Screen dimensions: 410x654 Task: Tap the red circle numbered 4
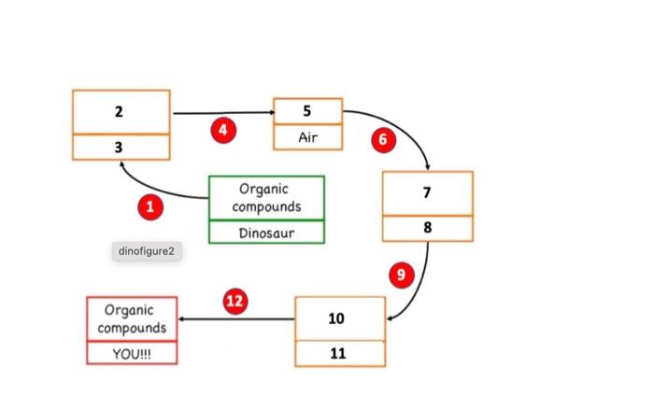click(x=221, y=130)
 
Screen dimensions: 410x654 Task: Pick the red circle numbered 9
click(x=401, y=275)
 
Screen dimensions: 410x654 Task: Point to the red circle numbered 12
click(x=235, y=301)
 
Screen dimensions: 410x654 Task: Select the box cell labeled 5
click(x=307, y=111)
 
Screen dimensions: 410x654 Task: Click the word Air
click(x=307, y=137)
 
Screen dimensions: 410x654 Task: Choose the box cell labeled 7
click(x=427, y=193)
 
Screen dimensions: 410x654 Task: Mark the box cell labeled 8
click(x=427, y=228)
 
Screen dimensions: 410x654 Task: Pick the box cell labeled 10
click(x=339, y=318)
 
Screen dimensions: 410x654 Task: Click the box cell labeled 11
click(x=339, y=354)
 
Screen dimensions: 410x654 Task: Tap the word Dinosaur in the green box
click(x=266, y=233)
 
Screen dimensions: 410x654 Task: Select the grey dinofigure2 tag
click(x=145, y=250)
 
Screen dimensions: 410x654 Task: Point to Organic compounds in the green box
click(x=266, y=198)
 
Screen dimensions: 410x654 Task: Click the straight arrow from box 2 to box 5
click(x=221, y=113)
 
